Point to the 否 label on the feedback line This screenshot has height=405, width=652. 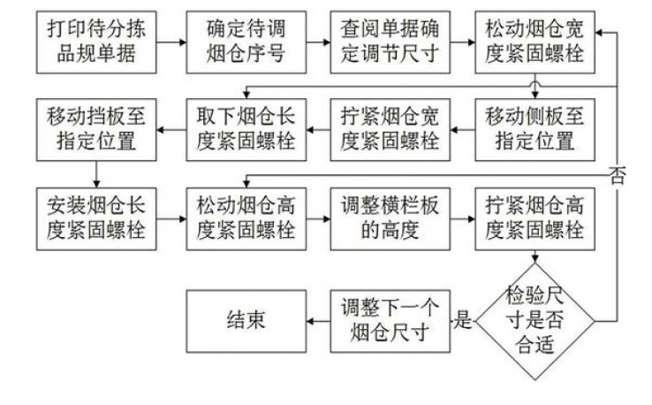tap(616, 174)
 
